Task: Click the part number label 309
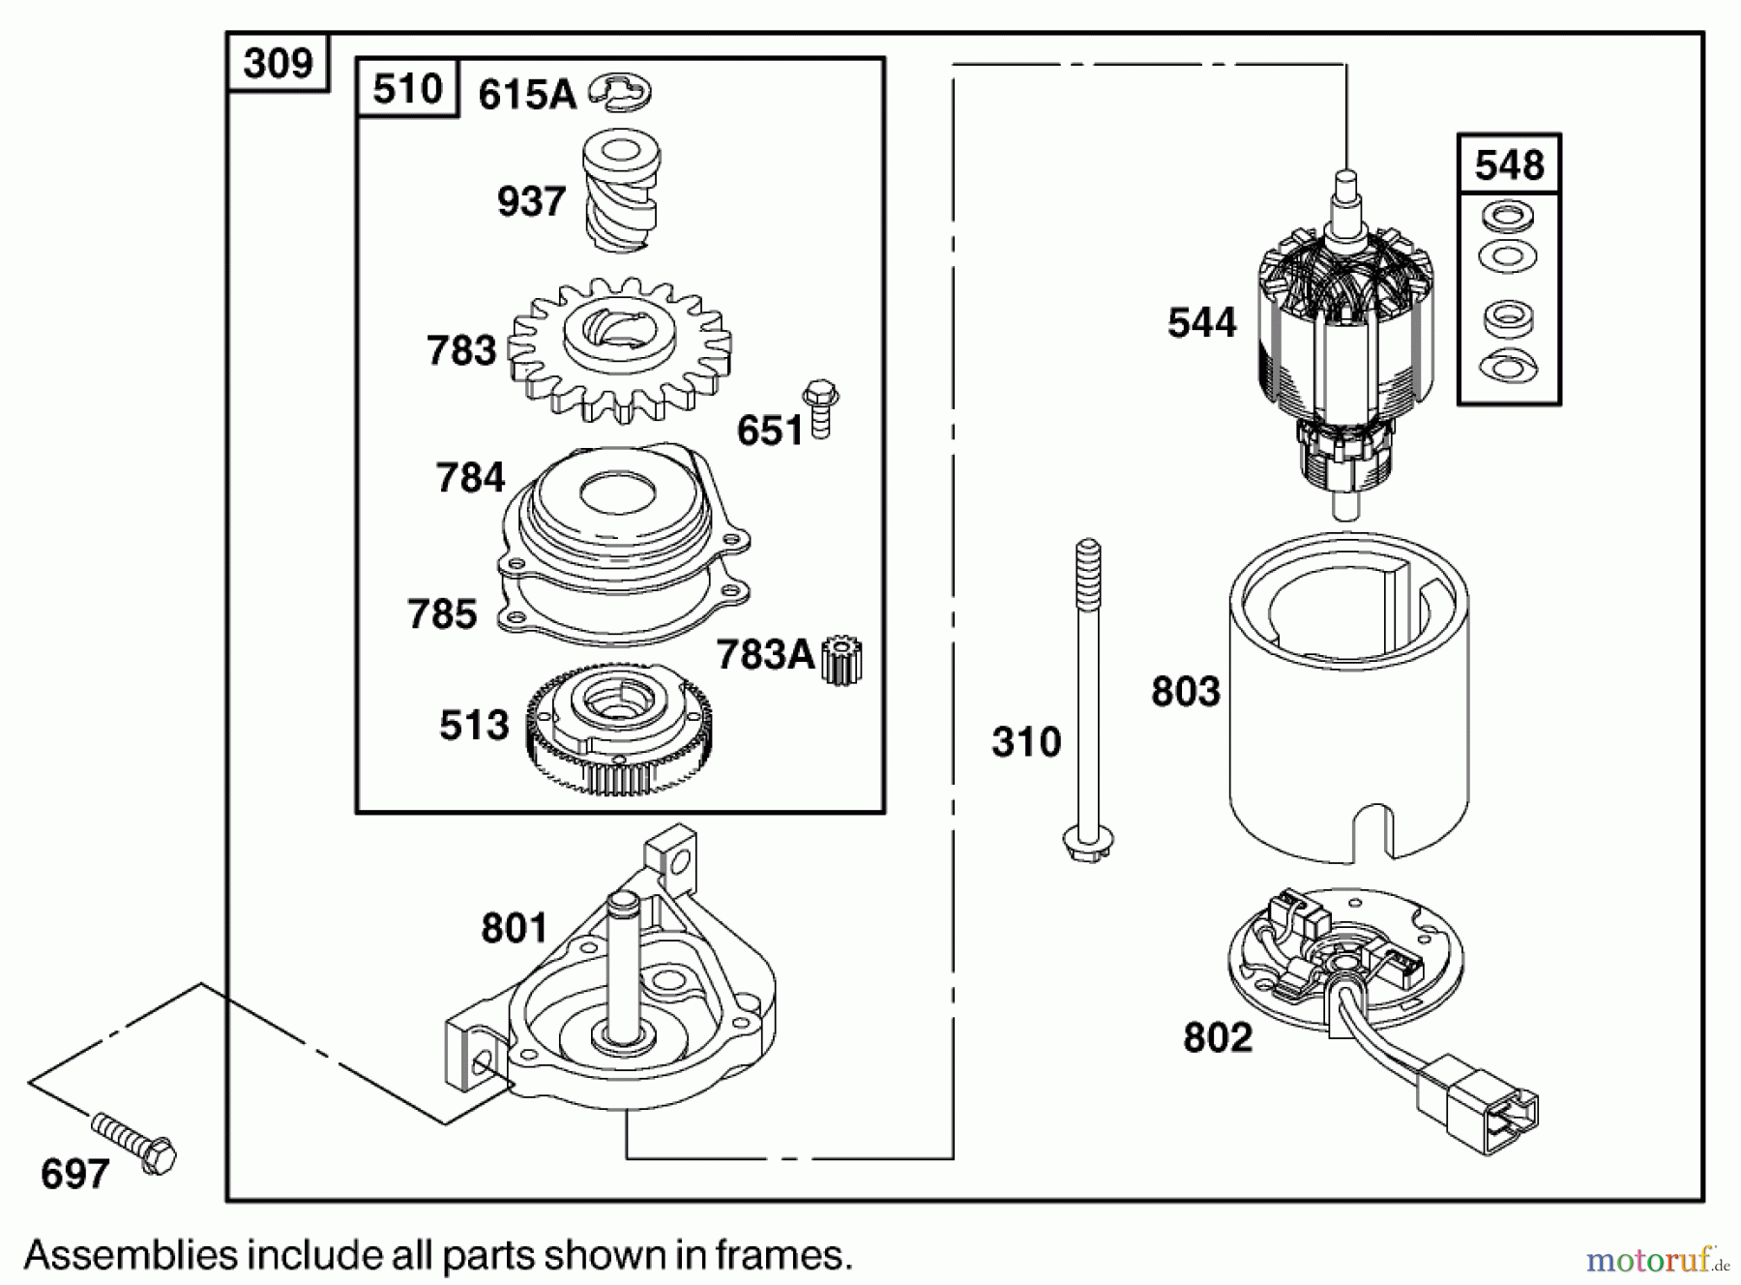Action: point(278,63)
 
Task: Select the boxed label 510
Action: point(407,89)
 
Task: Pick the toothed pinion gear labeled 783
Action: point(619,350)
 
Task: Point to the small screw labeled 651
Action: point(820,411)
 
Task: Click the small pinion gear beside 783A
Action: point(842,660)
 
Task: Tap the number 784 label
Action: point(470,478)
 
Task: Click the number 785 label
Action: point(442,614)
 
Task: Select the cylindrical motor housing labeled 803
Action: point(1348,697)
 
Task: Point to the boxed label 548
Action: point(1509,164)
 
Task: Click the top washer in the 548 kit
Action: point(1507,215)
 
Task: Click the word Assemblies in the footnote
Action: point(131,1256)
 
